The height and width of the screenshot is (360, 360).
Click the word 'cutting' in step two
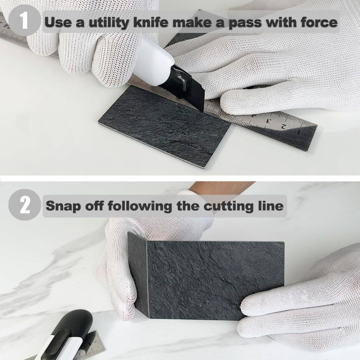tap(222, 206)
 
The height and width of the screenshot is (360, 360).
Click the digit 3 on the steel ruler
tap(267, 121)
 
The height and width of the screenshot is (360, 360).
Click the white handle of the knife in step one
tap(155, 56)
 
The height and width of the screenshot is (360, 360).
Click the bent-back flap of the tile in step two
tap(137, 274)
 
